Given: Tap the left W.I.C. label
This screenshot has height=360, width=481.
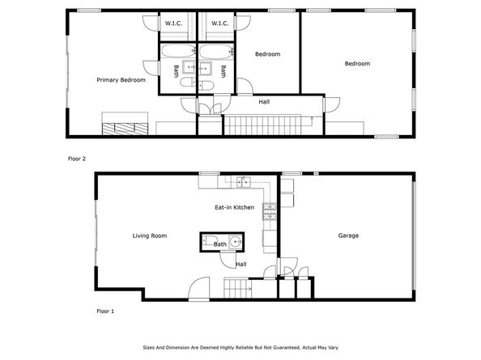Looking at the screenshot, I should [x=173, y=23].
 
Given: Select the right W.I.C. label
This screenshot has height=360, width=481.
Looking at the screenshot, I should [x=219, y=23].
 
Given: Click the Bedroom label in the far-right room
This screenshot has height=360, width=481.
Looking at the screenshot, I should [x=357, y=64].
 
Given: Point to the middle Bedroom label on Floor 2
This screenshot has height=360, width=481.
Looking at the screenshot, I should [x=267, y=54].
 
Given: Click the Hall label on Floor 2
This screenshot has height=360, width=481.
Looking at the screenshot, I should [x=264, y=102].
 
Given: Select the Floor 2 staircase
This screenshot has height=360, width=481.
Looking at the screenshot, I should [x=268, y=125].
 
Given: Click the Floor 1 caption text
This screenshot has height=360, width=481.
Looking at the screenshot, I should [x=106, y=311].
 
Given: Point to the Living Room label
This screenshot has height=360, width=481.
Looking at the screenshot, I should [x=150, y=235].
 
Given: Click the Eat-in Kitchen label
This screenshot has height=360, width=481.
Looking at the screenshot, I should [x=234, y=208].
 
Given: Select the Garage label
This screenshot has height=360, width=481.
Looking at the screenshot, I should [x=348, y=235].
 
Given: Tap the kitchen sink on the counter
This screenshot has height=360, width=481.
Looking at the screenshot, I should [x=243, y=181].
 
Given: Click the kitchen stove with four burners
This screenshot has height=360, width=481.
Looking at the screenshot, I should [x=270, y=212].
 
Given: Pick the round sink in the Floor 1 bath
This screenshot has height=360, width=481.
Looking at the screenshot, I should [x=235, y=242].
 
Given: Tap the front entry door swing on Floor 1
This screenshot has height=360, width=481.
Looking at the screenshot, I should [x=196, y=287].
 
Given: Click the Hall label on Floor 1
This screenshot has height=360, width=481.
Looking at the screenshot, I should [x=241, y=264].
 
